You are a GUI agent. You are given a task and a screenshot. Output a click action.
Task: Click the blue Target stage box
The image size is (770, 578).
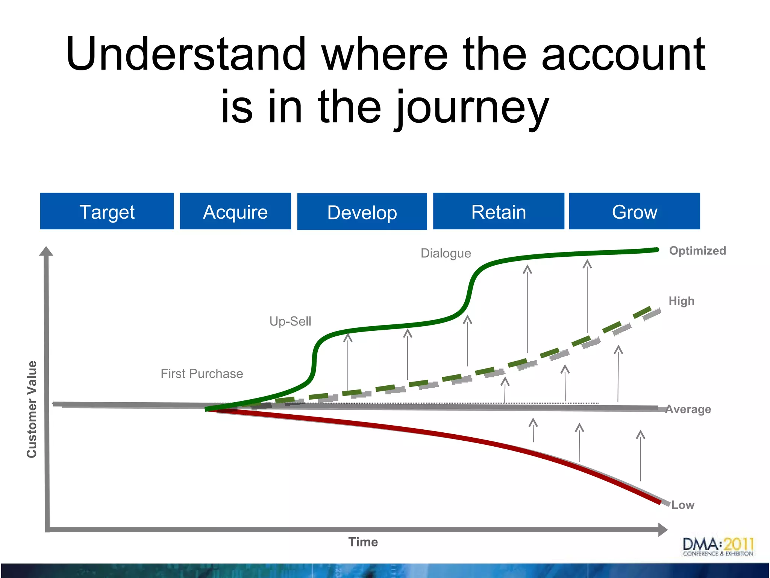click(x=107, y=211)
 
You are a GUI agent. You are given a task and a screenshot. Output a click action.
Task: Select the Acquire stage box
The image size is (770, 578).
click(x=235, y=211)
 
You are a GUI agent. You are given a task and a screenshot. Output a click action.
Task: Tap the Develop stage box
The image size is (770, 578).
click(x=362, y=212)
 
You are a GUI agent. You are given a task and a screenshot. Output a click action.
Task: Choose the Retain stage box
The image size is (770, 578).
click(x=499, y=211)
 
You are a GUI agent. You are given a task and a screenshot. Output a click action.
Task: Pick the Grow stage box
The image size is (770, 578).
click(x=635, y=211)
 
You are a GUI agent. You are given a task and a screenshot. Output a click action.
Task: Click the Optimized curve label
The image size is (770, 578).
click(x=697, y=251)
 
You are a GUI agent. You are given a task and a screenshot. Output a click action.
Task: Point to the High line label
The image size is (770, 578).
click(x=681, y=301)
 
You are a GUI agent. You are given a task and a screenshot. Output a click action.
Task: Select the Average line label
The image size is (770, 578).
click(x=688, y=409)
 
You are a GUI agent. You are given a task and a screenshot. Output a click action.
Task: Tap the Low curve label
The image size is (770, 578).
click(x=683, y=505)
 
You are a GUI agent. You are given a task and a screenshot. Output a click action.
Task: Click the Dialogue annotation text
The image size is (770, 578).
click(x=446, y=253)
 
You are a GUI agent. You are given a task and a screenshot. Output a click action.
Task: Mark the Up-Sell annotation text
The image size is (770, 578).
click(x=290, y=321)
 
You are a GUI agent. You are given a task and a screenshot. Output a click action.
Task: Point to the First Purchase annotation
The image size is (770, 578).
click(x=202, y=374)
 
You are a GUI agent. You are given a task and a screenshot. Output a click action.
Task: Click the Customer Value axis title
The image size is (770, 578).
click(x=32, y=409)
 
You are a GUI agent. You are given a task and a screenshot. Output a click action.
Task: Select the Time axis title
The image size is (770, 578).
click(x=363, y=542)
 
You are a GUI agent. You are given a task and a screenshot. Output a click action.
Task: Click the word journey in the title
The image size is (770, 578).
click(x=472, y=107)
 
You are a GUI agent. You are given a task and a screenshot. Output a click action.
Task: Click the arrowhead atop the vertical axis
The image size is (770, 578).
click(x=46, y=251)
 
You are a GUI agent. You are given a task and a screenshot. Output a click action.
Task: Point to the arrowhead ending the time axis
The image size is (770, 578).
click(x=662, y=529)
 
